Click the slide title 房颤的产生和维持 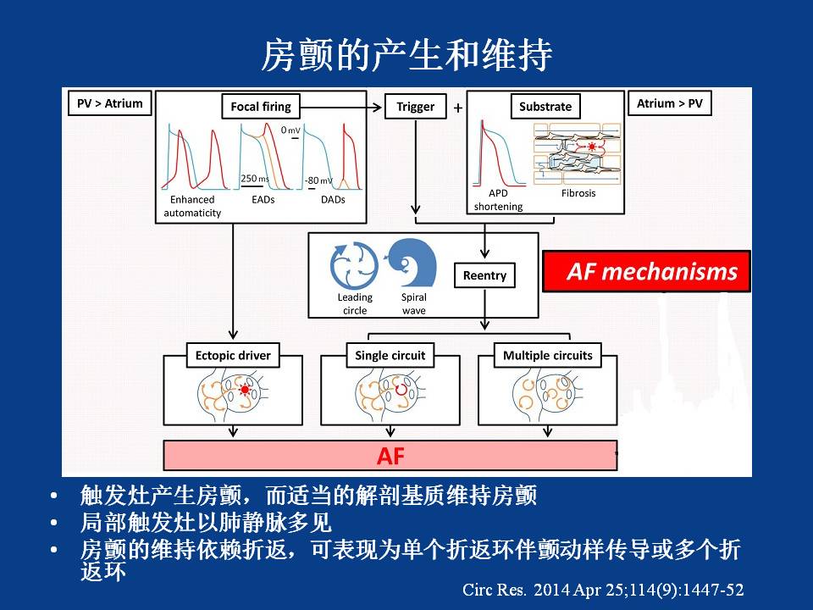click(x=406, y=56)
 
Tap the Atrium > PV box click(x=669, y=104)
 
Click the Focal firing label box click(x=260, y=107)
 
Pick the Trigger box click(x=415, y=107)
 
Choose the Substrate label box click(x=545, y=107)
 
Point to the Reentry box click(x=484, y=275)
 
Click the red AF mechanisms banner click(x=646, y=271)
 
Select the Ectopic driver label click(x=233, y=355)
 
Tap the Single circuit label click(x=390, y=355)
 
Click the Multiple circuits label click(x=548, y=355)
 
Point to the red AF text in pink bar click(x=390, y=456)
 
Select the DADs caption click(x=333, y=200)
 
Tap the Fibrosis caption click(x=578, y=193)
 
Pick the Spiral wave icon click(x=412, y=264)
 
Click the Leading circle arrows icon click(x=354, y=265)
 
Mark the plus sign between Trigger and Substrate click(x=458, y=108)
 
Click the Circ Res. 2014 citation click(x=604, y=588)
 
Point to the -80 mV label click(x=319, y=180)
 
